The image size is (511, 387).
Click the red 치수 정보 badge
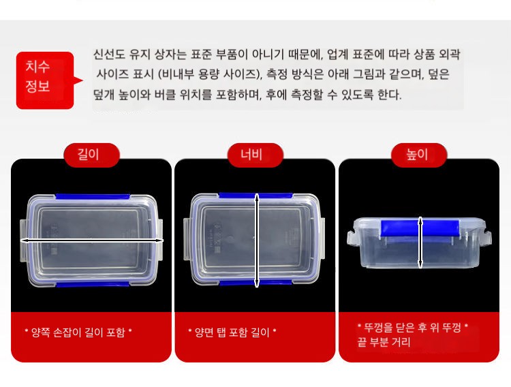(45, 80)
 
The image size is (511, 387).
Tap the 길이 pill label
(91, 155)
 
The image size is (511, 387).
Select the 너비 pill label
(255, 155)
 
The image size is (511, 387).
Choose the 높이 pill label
(419, 155)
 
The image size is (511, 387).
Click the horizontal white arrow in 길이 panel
(91, 241)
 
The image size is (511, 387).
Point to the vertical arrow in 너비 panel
(257, 241)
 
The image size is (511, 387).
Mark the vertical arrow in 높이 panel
(420, 243)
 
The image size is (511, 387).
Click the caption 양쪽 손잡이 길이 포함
(78, 332)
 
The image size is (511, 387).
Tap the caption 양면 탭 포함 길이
(232, 332)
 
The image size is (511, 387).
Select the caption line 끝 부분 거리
(384, 342)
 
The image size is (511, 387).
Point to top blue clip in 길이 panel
(93, 197)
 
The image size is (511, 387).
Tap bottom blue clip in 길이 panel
(93, 285)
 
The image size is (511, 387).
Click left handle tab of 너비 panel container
(187, 239)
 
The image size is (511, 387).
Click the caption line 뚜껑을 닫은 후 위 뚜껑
(413, 327)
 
